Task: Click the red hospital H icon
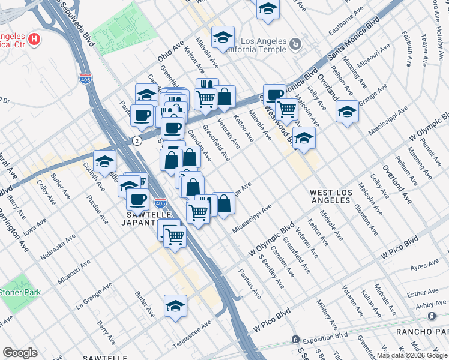click(35, 40)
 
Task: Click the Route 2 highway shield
click(137, 140)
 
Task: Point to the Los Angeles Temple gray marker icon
click(295, 44)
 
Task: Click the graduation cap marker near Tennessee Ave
click(175, 305)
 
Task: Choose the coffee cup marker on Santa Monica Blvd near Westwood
click(274, 94)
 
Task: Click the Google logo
click(20, 353)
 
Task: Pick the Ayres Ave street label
click(425, 265)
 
